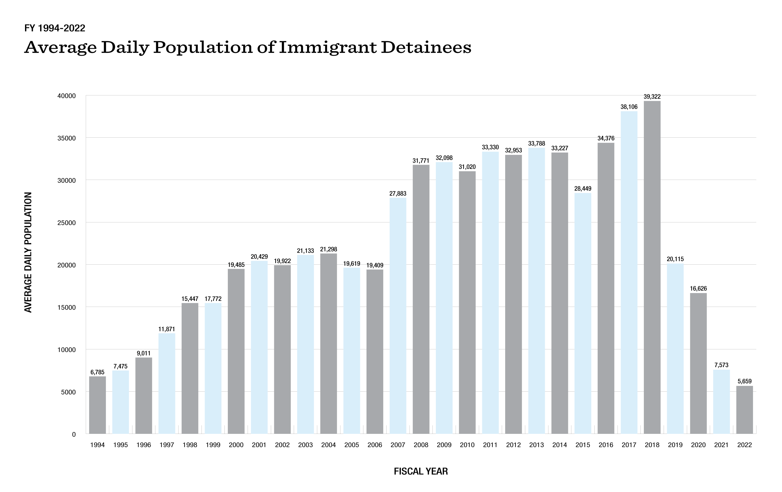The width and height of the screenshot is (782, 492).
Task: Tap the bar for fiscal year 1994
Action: (97, 405)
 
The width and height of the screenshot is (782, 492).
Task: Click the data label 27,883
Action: (398, 193)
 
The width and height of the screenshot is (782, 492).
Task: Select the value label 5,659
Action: (744, 381)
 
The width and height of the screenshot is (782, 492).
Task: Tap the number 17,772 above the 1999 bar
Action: (213, 299)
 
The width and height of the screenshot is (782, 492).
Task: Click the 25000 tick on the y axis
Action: (66, 223)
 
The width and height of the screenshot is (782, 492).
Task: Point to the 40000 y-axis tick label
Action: (66, 96)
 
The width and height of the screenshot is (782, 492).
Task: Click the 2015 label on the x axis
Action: (583, 445)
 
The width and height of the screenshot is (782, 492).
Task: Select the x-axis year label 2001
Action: (259, 445)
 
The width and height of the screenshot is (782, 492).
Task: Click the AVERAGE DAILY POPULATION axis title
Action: (28, 252)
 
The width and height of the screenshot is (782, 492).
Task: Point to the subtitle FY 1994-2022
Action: (54, 28)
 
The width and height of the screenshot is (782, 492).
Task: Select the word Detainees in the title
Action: (426, 47)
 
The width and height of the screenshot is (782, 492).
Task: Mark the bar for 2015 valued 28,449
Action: (583, 313)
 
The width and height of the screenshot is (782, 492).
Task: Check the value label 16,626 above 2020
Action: (698, 289)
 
